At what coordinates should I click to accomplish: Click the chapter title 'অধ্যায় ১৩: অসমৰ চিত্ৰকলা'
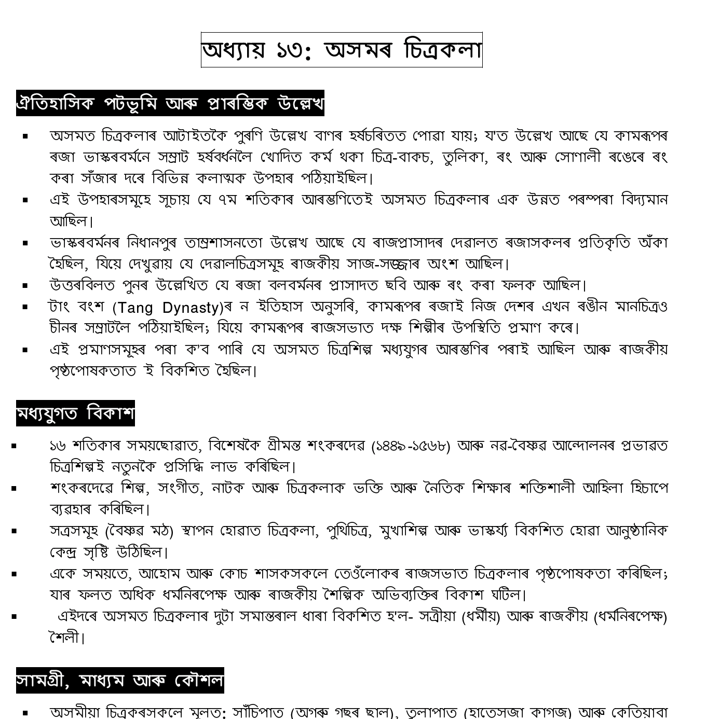click(x=342, y=50)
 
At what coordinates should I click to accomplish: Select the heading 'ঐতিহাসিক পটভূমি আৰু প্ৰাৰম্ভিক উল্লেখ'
click(x=170, y=103)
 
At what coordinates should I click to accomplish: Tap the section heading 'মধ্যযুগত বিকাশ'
click(x=75, y=413)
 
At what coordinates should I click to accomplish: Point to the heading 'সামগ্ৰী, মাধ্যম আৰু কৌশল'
click(x=120, y=680)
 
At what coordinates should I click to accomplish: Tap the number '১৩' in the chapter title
click(x=288, y=51)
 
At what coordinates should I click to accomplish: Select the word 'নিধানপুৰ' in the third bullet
click(x=156, y=242)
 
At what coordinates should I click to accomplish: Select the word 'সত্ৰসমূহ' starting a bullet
click(x=74, y=531)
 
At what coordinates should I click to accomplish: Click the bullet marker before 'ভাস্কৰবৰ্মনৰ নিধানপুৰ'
click(x=25, y=243)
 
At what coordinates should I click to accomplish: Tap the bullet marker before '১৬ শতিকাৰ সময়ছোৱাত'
click(x=13, y=446)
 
